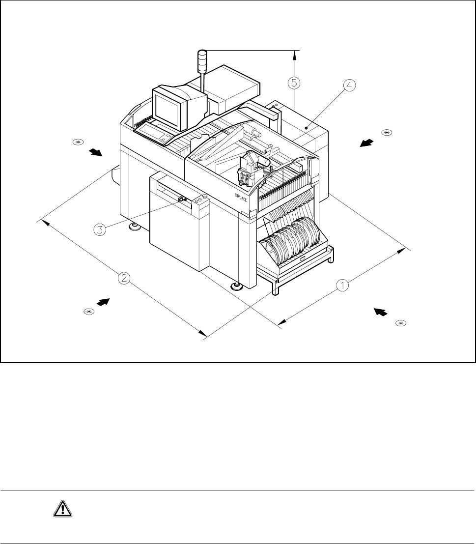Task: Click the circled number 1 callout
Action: (x=342, y=285)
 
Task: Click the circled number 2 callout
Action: (x=124, y=278)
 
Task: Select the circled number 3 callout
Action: (x=100, y=229)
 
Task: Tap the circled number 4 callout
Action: (x=348, y=86)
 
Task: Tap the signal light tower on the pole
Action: (x=202, y=59)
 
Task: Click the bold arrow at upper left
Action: (x=96, y=152)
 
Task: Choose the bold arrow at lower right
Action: (x=381, y=312)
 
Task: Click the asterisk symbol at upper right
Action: (x=387, y=132)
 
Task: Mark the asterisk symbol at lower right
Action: (x=401, y=323)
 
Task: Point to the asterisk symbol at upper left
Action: (x=77, y=143)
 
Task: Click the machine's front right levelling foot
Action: (x=238, y=286)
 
